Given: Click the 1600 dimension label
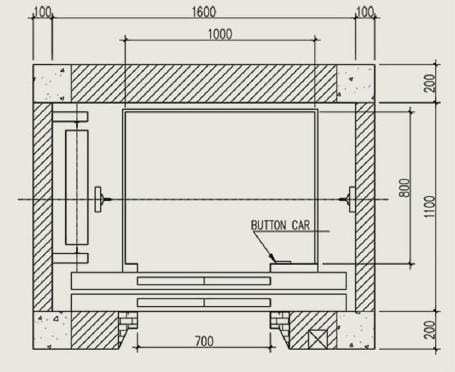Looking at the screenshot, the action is [x=204, y=12].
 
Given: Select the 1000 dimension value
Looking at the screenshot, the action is [x=220, y=34].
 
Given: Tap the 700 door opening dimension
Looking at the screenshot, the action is [x=204, y=342].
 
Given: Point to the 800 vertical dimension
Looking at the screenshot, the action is [x=405, y=188].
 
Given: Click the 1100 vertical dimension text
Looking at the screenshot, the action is [x=430, y=206].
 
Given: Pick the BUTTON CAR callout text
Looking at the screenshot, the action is [x=280, y=225].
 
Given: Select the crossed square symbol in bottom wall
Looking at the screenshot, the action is [x=317, y=339].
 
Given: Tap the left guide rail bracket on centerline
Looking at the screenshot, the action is [x=99, y=199].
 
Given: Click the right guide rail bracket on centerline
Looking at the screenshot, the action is [x=350, y=199].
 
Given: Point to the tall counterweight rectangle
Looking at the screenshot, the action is [x=77, y=187].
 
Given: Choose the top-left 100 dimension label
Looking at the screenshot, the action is [x=42, y=13].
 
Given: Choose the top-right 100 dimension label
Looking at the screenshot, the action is [x=365, y=13].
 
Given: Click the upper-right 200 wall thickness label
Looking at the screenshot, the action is [x=430, y=83].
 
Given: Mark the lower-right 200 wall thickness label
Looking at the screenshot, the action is [x=430, y=330].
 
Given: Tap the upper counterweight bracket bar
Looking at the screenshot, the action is [x=70, y=117].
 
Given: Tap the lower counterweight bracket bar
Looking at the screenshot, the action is [x=70, y=258].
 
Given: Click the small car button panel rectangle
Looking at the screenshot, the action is [x=283, y=262].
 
